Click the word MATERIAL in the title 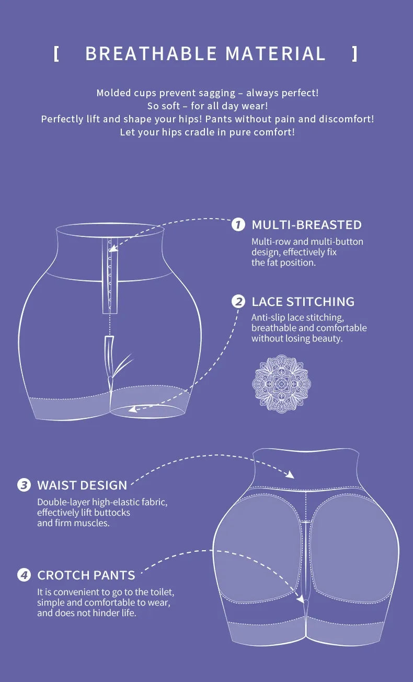point(276,53)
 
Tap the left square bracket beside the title point(56,53)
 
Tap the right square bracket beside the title point(355,53)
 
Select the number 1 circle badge point(238,225)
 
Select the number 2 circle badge point(238,302)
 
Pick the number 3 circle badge point(24,485)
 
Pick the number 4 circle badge point(24,575)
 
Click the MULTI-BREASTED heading point(306,225)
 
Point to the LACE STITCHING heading point(303,302)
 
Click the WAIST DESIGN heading point(82,485)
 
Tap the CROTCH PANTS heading point(86,575)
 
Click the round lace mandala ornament point(281,383)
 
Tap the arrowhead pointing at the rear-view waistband point(290,475)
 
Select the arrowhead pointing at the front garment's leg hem point(133,409)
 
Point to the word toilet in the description point(160,593)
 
